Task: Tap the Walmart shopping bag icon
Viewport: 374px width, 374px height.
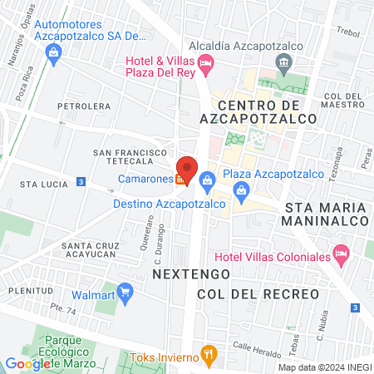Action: [125, 293]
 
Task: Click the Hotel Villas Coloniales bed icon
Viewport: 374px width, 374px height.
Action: [340, 253]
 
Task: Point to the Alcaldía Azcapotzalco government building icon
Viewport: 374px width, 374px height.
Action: [284, 62]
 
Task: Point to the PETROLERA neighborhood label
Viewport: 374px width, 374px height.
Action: [83, 106]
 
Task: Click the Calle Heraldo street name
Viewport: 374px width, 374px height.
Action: [253, 347]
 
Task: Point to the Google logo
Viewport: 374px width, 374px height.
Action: [27, 363]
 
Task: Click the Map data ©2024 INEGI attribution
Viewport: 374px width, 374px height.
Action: [324, 367]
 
